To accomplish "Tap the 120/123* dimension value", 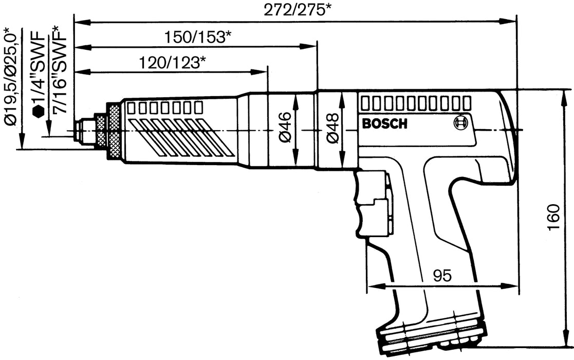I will pos(173,63).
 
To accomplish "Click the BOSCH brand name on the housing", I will pos(384,124).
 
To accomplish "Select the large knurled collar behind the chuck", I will pos(113,132).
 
